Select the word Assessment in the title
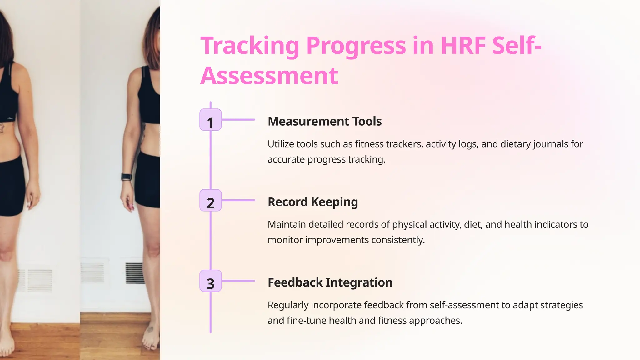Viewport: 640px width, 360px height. tap(269, 76)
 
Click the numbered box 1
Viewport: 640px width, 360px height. tap(210, 120)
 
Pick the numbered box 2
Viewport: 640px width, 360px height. tap(210, 200)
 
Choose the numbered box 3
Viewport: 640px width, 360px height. tap(210, 281)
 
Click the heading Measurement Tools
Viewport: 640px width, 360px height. tap(324, 121)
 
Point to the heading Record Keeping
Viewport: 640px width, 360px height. tap(312, 202)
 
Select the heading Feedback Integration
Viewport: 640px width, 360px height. tap(330, 282)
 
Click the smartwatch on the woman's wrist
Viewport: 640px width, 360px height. tap(126, 177)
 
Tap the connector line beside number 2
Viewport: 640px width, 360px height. tap(238, 200)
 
